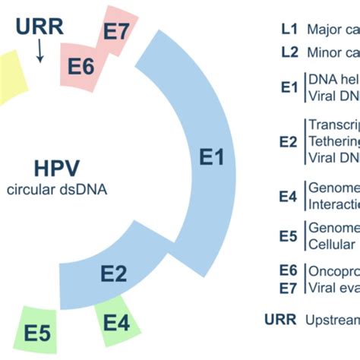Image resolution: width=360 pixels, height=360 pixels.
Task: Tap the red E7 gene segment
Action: click(x=118, y=33)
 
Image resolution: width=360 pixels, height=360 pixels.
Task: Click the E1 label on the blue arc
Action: click(x=212, y=157)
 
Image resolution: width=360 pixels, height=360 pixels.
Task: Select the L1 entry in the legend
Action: click(x=289, y=30)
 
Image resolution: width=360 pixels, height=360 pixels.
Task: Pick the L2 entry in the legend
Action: click(x=289, y=53)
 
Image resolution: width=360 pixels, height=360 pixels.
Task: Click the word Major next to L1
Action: click(x=324, y=30)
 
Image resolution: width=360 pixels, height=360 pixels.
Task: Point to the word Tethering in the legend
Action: click(x=333, y=141)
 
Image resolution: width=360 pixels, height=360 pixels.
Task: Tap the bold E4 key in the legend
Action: click(x=288, y=196)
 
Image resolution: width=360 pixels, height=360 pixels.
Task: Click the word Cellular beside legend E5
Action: click(x=331, y=245)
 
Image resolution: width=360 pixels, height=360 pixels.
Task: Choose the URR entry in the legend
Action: click(x=280, y=320)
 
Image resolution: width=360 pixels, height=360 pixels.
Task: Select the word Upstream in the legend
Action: click(x=333, y=320)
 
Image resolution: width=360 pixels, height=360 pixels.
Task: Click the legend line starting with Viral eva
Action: click(x=333, y=287)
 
